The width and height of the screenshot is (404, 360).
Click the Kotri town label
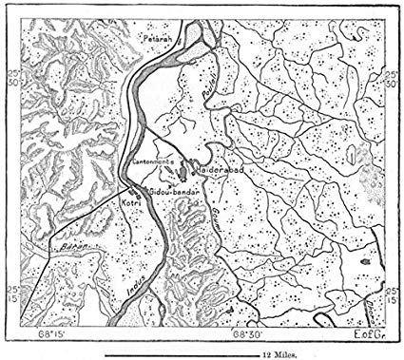pyautogui.click(x=131, y=204)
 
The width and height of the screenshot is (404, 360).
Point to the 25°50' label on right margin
pyautogui.click(x=391, y=78)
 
